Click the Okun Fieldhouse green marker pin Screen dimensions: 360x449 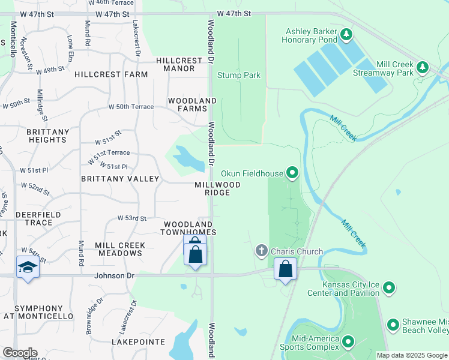(x=292, y=173)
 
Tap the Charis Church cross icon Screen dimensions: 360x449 (x=261, y=250)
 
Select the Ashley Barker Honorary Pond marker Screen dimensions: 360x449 (x=346, y=35)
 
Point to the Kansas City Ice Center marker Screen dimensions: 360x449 (x=390, y=289)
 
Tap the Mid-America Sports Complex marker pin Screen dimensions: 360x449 (x=348, y=341)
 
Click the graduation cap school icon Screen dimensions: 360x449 (x=28, y=268)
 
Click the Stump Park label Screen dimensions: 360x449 (x=238, y=76)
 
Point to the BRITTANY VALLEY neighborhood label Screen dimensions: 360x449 (x=120, y=179)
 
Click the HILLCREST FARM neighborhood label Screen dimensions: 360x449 (x=111, y=74)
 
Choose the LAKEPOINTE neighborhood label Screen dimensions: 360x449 (x=138, y=341)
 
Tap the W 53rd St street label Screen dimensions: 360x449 (x=131, y=218)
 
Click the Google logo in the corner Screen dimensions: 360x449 (x=20, y=353)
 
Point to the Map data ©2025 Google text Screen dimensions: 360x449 (x=412, y=355)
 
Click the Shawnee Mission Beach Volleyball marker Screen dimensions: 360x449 (x=393, y=325)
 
